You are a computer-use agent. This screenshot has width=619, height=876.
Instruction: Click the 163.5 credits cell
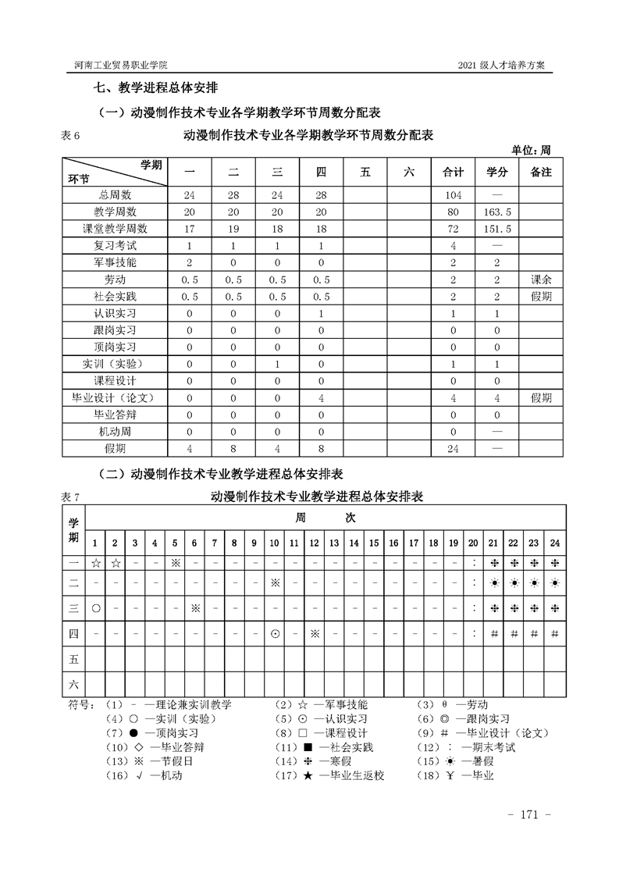[497, 212]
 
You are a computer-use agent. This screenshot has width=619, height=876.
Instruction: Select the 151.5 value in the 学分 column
[497, 229]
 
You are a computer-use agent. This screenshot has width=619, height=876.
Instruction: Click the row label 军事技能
[115, 262]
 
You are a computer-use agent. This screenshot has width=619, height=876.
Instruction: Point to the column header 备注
[541, 173]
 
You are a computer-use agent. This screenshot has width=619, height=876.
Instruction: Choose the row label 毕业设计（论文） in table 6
[115, 397]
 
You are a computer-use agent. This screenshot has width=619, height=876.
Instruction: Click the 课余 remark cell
[541, 280]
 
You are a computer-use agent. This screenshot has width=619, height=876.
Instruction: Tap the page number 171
[529, 815]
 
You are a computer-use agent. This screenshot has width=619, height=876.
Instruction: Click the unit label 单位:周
[531, 150]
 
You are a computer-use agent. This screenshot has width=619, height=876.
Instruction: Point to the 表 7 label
[70, 497]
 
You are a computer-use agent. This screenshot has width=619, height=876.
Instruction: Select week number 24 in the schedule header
[554, 543]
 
